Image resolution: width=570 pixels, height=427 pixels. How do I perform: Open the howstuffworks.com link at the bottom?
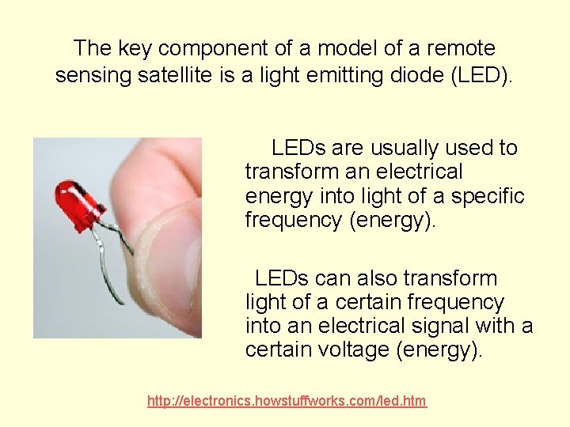(287, 402)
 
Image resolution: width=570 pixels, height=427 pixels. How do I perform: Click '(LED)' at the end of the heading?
(483, 75)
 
